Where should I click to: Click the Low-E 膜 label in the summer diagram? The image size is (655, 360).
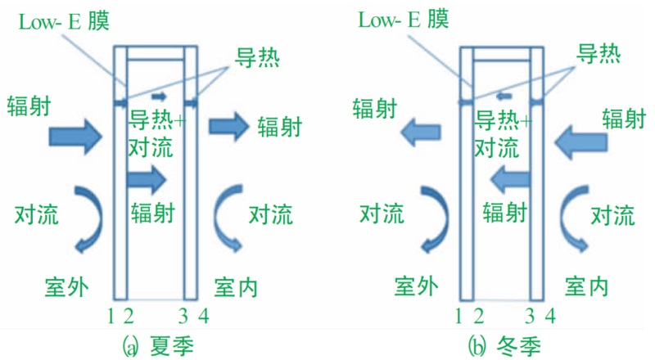pos(64,21)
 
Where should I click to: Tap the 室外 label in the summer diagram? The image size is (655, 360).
pos(67,287)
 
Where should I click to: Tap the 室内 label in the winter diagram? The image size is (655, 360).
pos(586,286)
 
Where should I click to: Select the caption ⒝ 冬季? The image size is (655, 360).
pos(505,346)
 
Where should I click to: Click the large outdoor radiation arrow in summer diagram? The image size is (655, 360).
pos(75,137)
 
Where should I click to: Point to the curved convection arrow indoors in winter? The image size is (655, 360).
pos(569,219)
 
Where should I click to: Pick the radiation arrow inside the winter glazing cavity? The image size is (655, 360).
pos(510,179)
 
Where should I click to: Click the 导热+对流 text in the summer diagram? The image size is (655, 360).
pos(156,133)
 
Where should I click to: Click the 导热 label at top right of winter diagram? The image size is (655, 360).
pos(599,53)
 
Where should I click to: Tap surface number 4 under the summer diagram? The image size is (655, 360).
pos(203,316)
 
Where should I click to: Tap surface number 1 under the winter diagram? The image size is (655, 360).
pos(458,316)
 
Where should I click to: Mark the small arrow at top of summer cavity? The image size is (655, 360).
pos(159,97)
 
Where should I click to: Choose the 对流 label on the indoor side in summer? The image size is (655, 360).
pos(271,214)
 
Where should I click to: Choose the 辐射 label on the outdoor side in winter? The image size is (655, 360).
pos(374,109)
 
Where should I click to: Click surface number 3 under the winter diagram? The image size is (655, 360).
pos(529,316)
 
